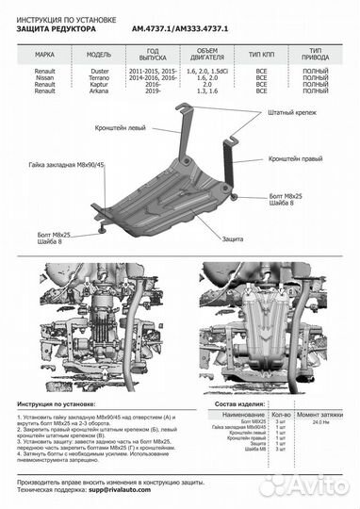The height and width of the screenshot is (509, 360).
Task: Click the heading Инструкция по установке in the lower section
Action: (x=57, y=402)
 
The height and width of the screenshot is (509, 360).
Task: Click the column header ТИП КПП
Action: (x=264, y=55)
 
